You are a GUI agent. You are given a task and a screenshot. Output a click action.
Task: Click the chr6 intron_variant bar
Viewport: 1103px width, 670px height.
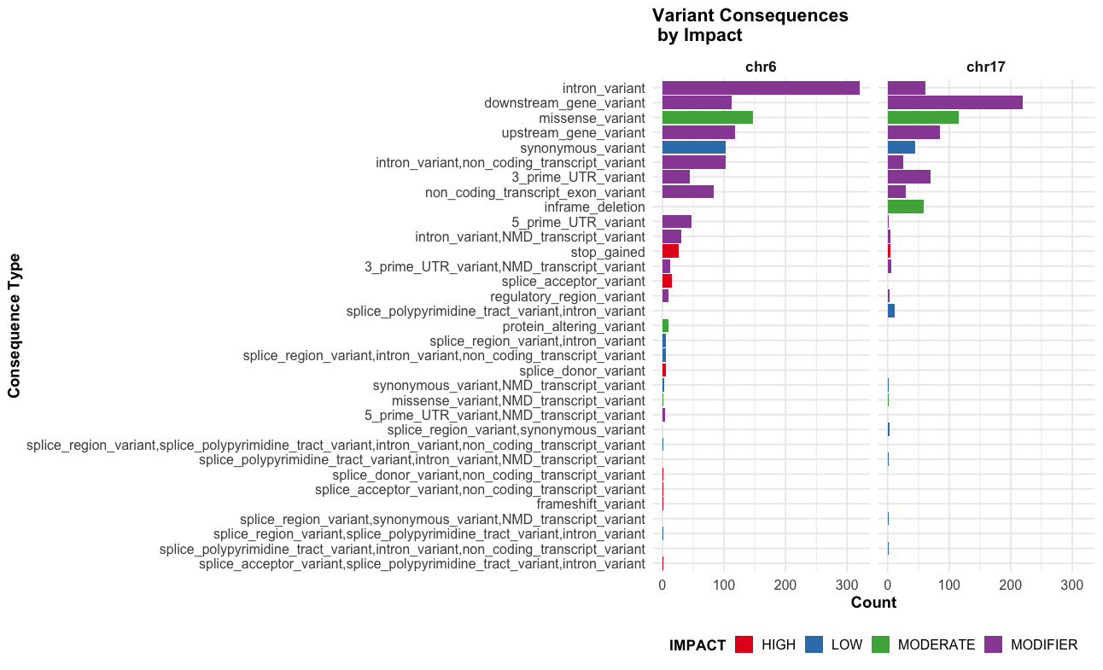point(760,88)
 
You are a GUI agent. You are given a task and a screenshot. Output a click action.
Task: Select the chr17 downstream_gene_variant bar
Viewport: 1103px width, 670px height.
point(954,102)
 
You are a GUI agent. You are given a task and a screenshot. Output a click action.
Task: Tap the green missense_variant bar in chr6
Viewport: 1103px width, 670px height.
point(707,118)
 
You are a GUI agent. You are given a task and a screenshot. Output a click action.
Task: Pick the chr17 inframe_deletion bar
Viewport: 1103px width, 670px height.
point(905,207)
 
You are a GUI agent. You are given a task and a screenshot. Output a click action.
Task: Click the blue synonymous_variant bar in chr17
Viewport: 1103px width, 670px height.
point(901,148)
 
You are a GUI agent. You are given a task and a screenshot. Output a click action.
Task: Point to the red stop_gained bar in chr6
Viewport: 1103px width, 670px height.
point(670,252)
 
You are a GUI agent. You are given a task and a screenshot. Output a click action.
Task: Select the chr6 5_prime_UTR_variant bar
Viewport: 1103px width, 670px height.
point(676,222)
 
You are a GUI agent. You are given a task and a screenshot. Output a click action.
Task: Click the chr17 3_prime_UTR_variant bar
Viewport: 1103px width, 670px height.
point(908,178)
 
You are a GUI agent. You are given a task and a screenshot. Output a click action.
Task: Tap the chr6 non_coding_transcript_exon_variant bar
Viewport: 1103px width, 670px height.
point(687,192)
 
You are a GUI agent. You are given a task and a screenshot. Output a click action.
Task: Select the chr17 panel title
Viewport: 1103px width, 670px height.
point(985,67)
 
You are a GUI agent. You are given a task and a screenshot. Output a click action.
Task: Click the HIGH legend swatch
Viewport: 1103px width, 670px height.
point(744,644)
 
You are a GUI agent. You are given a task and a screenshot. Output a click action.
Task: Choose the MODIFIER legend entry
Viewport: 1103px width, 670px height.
point(1043,644)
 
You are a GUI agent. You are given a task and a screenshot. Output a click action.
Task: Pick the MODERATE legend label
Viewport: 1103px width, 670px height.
point(936,644)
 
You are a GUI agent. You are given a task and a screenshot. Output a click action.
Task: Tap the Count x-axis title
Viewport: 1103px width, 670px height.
point(873,603)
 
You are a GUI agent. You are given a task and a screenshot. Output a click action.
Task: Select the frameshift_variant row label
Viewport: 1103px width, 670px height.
point(591,504)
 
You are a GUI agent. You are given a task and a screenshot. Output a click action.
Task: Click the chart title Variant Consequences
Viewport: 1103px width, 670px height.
point(750,16)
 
